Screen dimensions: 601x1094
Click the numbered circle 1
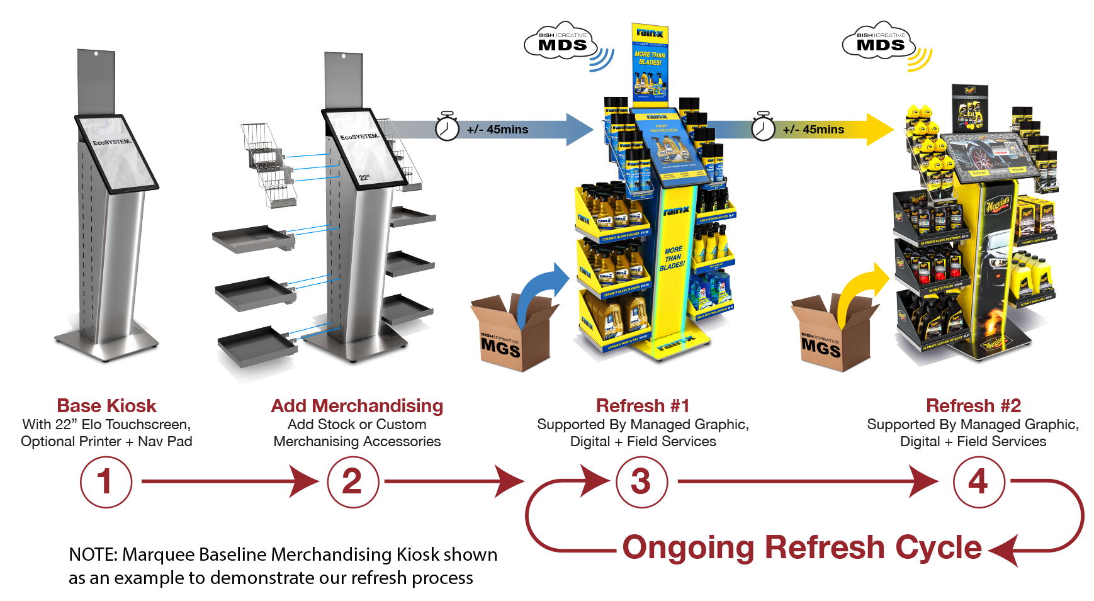pos(106,482)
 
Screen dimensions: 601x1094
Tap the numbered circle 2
pos(352,482)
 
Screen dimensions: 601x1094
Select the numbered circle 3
pos(641,482)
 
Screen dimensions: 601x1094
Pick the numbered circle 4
pos(978,482)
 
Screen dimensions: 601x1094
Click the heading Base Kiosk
pos(107,406)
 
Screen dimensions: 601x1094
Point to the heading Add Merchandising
pos(357,406)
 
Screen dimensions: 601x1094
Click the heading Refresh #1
pos(643,406)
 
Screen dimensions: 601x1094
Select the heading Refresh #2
pos(973,406)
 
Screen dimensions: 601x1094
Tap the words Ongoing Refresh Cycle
pos(801,548)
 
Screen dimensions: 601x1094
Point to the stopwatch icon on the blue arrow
pos(447,128)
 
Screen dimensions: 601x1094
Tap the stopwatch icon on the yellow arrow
pos(763,128)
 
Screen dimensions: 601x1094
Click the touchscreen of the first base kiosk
pos(116,152)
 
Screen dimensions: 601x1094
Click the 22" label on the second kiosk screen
pos(364,177)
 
